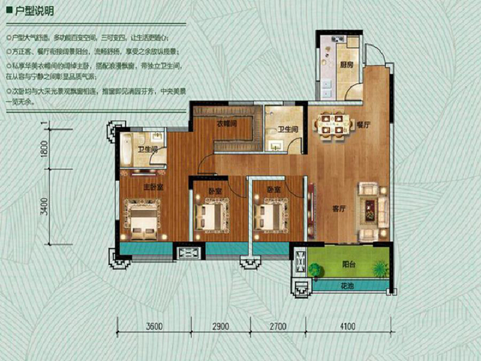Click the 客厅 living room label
(339, 209)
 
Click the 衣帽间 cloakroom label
(226, 124)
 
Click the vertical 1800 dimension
(44, 148)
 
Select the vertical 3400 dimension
(44, 209)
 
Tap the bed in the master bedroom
(142, 216)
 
